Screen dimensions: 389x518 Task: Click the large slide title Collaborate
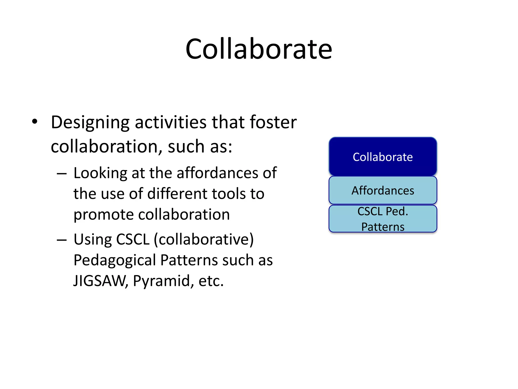[x=258, y=49]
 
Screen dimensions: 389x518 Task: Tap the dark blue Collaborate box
[x=382, y=157]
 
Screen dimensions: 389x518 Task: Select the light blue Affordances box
[x=382, y=190]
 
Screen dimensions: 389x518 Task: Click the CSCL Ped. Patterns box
[x=382, y=219]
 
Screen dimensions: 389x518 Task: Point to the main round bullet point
[x=35, y=122]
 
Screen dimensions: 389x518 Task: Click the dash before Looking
[x=62, y=174]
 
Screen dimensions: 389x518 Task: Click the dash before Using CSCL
[x=62, y=240]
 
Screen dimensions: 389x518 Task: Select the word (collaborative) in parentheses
[x=204, y=239]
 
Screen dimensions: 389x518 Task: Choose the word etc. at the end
[x=211, y=281]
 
